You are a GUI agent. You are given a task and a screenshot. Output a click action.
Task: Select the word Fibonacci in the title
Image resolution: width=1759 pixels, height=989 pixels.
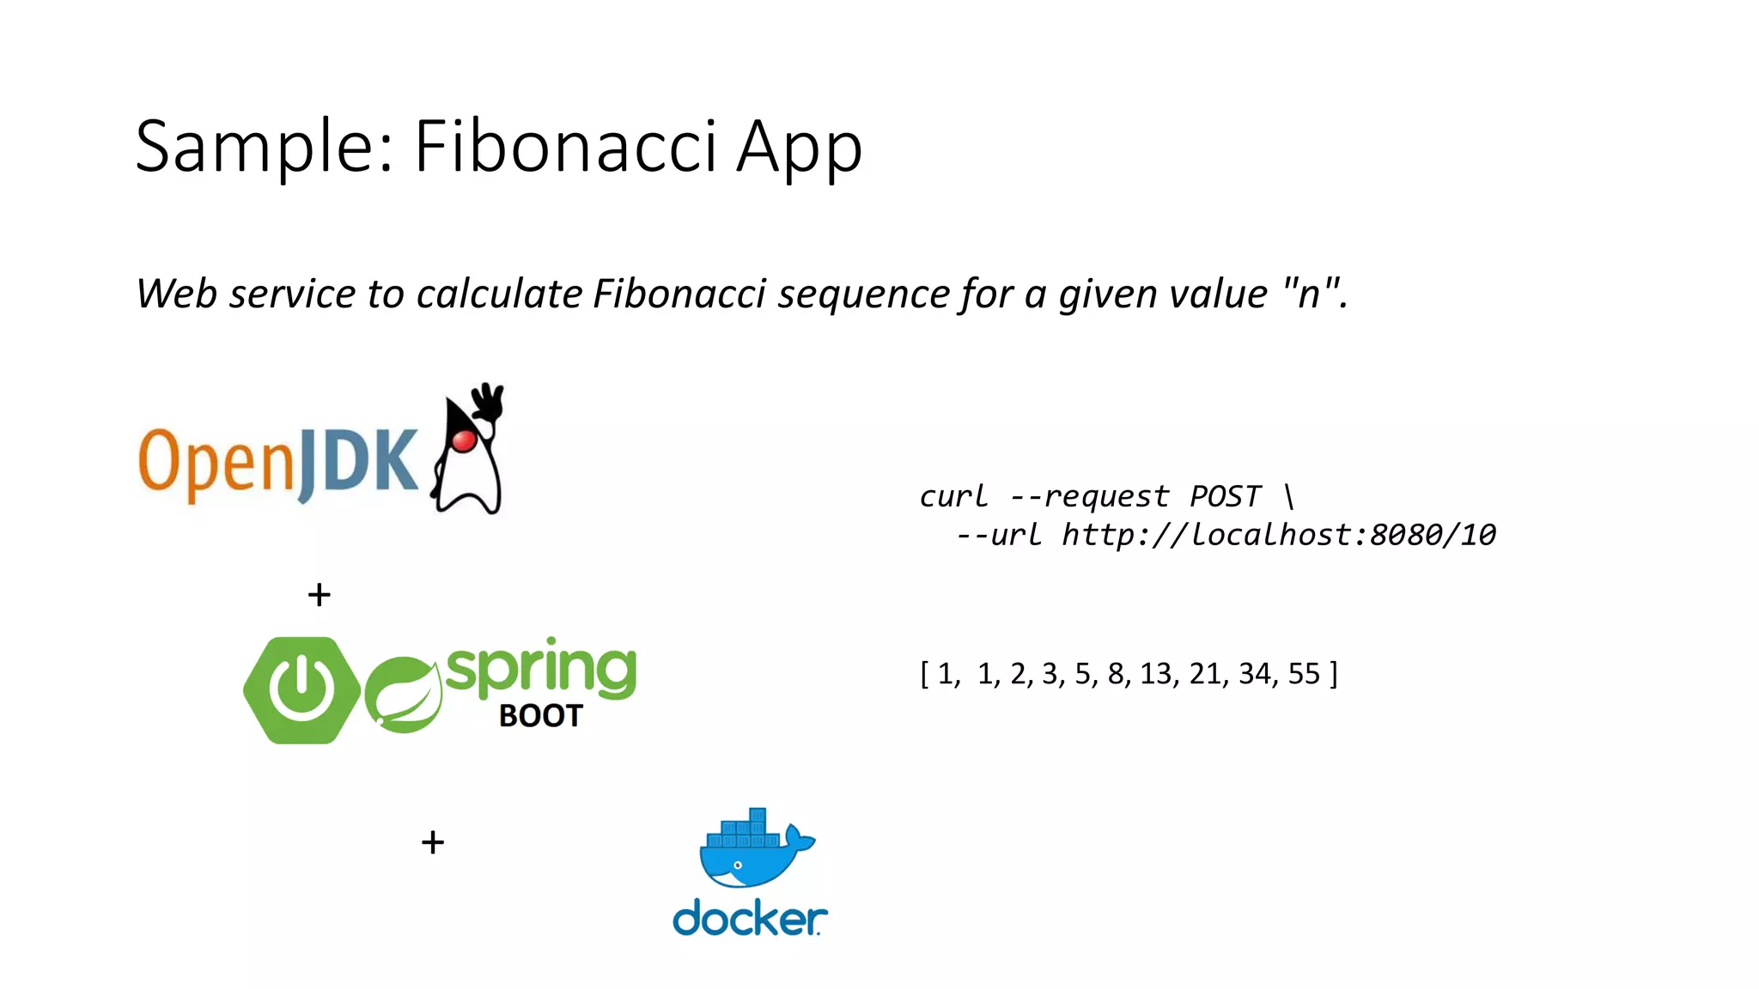[x=565, y=146]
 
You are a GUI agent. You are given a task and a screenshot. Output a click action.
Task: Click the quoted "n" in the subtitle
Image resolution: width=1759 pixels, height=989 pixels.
[x=1309, y=294]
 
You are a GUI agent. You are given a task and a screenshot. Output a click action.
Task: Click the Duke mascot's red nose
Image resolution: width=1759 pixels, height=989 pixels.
[x=465, y=440]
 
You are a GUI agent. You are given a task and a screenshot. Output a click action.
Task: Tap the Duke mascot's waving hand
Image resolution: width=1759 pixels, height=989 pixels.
[x=489, y=401]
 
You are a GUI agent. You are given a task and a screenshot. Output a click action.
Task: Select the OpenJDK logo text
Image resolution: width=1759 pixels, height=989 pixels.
[x=277, y=463]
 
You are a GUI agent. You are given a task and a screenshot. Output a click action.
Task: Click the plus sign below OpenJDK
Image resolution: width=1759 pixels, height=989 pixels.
[x=320, y=595]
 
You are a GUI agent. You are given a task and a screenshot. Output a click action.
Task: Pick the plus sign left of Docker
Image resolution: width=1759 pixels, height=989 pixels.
[x=433, y=842]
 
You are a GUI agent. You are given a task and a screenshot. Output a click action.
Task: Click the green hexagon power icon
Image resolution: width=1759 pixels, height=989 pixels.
[x=301, y=690]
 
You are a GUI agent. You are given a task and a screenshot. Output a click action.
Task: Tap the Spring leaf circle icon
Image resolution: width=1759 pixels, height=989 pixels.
[x=403, y=695]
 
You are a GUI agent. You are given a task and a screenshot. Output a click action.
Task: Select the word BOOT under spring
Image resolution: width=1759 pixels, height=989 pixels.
[x=540, y=716]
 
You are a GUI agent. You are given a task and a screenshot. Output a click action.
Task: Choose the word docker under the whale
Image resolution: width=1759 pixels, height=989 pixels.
[x=749, y=919]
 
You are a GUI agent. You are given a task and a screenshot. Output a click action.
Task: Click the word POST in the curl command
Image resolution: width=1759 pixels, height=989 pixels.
[x=1225, y=496]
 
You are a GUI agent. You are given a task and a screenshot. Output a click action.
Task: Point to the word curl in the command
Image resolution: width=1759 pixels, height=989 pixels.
[x=953, y=496]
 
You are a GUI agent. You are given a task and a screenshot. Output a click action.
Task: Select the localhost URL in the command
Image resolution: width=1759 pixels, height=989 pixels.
[x=1278, y=535]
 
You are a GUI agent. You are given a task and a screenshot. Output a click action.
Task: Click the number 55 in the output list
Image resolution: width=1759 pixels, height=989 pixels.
[x=1303, y=674]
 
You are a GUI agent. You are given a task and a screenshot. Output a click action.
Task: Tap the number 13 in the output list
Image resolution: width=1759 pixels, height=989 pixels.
[x=1156, y=674]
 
